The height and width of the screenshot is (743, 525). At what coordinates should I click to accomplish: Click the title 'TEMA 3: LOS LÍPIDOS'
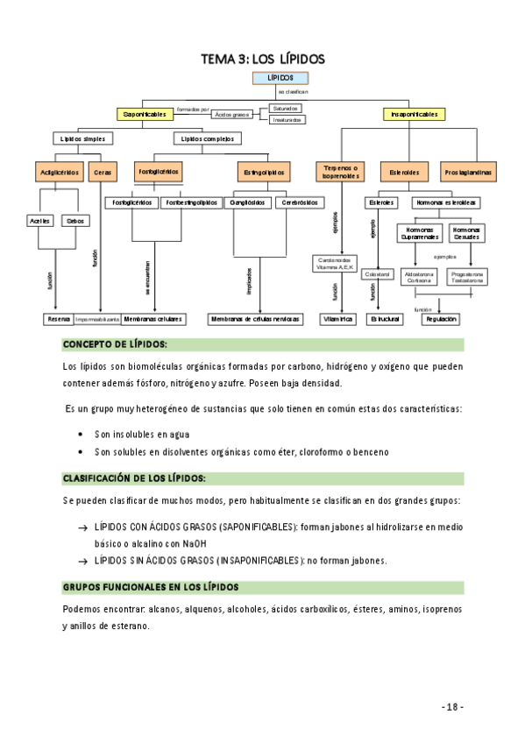[263, 59]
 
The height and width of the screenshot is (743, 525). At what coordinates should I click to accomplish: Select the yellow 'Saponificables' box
[144, 115]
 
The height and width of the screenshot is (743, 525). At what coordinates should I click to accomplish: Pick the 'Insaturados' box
[287, 120]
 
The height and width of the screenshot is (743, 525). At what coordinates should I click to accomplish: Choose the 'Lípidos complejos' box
[207, 138]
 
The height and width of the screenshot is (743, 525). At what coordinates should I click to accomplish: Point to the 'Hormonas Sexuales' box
[465, 233]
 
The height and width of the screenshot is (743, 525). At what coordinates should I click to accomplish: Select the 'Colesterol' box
[377, 274]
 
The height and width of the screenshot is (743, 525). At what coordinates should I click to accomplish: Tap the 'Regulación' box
[441, 320]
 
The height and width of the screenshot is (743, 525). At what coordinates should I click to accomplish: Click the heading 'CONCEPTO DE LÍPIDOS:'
[115, 344]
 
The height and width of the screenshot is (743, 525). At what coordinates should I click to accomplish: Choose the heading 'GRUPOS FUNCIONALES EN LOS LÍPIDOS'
[151, 586]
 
